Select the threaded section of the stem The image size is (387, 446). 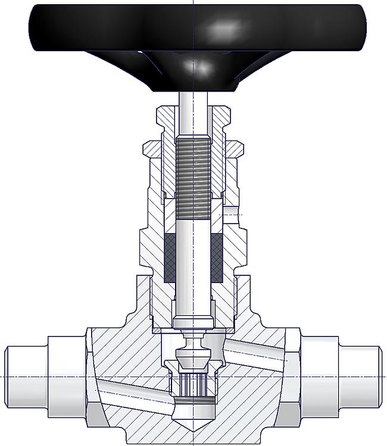(x=194, y=172)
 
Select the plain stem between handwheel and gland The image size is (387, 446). (x=194, y=107)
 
